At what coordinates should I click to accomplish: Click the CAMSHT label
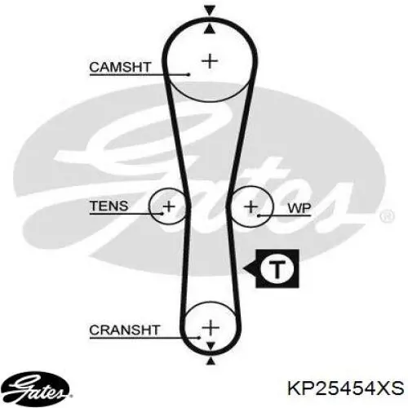(120, 67)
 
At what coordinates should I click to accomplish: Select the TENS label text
(109, 206)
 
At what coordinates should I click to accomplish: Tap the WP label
(299, 208)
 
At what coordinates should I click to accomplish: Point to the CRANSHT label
(125, 330)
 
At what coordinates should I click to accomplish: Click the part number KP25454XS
(346, 388)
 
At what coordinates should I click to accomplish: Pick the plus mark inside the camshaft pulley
(210, 61)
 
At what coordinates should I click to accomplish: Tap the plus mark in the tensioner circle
(169, 206)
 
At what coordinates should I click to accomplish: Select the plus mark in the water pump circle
(251, 207)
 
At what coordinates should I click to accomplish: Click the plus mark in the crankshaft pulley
(211, 327)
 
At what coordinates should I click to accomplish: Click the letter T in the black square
(277, 268)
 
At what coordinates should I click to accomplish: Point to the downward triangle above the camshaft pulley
(210, 11)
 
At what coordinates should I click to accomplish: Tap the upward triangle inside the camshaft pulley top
(210, 29)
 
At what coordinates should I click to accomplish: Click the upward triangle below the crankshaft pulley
(211, 361)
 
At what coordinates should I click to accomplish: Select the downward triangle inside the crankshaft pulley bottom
(211, 345)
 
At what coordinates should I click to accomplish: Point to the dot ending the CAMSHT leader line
(188, 74)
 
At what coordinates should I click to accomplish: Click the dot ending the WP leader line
(259, 215)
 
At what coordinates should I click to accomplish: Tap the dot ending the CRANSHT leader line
(199, 338)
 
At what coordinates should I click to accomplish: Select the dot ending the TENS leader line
(162, 214)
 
